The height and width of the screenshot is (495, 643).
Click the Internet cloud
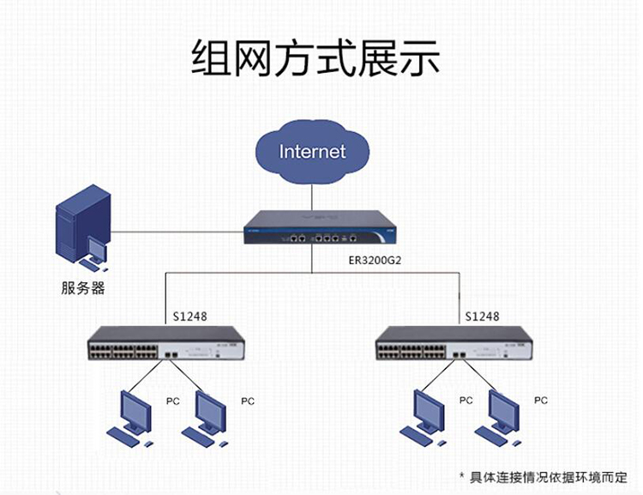(x=312, y=152)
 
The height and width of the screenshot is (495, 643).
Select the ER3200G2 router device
(x=312, y=228)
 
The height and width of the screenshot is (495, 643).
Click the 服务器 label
(x=83, y=288)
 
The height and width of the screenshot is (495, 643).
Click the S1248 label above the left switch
(x=189, y=316)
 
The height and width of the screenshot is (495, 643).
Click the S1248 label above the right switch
(x=482, y=316)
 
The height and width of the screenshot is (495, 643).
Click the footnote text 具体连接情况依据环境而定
(x=549, y=476)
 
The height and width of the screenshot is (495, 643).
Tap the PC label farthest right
(x=541, y=401)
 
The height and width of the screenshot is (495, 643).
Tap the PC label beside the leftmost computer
(x=172, y=401)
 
